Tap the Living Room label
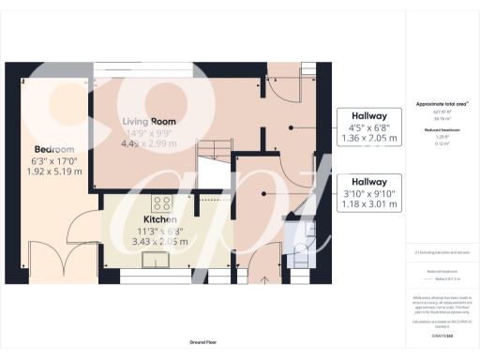[150, 121]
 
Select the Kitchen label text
[148, 217]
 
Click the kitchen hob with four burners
[158, 203]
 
